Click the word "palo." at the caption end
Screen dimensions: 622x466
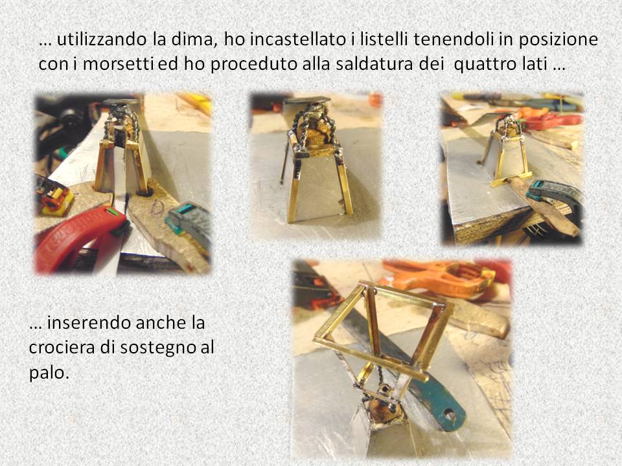pos(49,373)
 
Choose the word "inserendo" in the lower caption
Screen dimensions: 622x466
pos(89,323)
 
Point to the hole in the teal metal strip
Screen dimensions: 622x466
pos(449,416)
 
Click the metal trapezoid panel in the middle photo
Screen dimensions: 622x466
pos(319,190)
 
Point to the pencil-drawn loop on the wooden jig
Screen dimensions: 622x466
pos(158,208)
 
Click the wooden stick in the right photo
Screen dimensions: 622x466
pos(543,208)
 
